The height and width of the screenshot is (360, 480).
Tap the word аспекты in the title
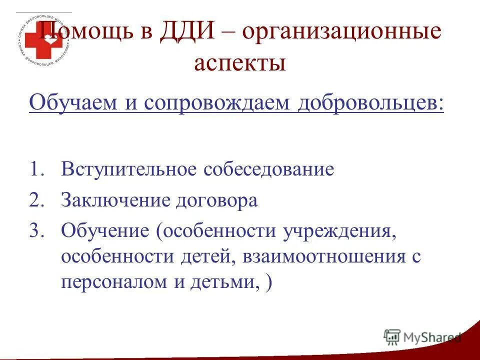click(x=240, y=63)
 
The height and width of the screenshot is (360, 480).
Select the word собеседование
click(x=268, y=169)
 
